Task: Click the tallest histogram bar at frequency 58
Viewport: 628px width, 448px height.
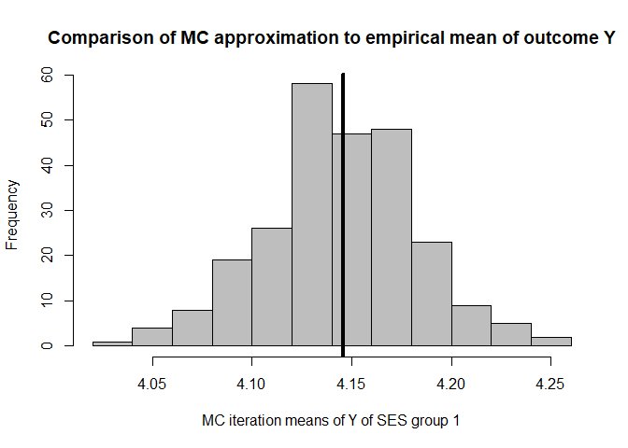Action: [311, 215]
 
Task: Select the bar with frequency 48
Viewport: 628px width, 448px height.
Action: [391, 237]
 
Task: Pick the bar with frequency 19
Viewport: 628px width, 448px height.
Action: [232, 302]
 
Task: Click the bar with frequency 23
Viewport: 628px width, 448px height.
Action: [431, 294]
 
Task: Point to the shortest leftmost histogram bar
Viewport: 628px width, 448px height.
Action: [112, 343]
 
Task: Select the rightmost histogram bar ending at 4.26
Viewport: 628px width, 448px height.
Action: [551, 342]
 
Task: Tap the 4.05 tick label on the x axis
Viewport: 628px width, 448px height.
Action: [152, 384]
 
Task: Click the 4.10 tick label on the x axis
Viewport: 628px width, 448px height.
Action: [251, 384]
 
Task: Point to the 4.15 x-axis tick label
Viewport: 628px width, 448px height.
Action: [351, 384]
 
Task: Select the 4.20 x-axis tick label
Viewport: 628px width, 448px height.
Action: [451, 384]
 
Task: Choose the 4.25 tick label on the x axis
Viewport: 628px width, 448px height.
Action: [551, 384]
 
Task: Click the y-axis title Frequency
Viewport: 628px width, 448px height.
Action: [13, 214]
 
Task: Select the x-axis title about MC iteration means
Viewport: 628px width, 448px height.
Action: [331, 421]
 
